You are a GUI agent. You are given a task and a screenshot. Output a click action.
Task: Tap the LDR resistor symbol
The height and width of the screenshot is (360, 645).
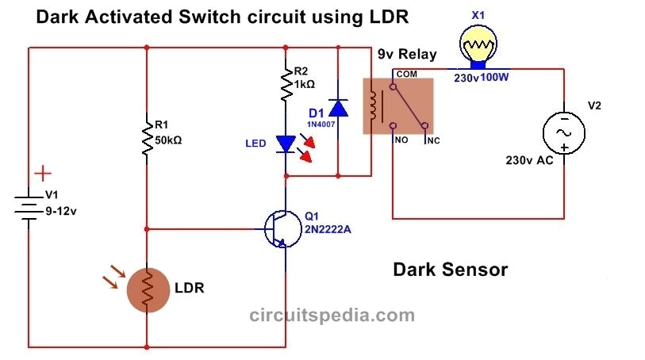tap(147, 290)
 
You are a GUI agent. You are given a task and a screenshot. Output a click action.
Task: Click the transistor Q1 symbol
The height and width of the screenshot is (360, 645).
tap(278, 229)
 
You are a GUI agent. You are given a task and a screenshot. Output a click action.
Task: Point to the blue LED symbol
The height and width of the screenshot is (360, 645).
tap(285, 144)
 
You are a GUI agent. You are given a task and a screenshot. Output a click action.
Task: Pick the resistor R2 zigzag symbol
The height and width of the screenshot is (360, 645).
tap(285, 84)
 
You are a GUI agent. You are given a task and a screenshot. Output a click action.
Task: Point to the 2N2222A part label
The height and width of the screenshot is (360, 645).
tap(328, 229)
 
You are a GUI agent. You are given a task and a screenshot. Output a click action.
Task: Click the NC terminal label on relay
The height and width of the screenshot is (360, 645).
tap(432, 140)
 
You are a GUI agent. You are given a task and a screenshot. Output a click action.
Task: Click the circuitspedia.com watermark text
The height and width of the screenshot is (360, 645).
tap(332, 315)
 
